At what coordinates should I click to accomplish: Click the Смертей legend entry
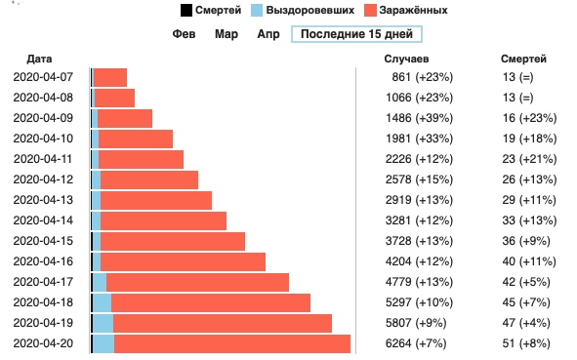[213, 11]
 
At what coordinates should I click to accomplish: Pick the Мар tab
[227, 33]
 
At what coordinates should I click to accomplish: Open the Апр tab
[268, 33]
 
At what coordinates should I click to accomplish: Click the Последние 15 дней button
[355, 33]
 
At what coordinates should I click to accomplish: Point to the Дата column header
[39, 60]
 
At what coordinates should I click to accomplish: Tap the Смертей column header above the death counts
[523, 60]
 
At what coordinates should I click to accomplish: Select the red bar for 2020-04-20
[231, 343]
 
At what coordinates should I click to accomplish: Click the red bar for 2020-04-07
[110, 77]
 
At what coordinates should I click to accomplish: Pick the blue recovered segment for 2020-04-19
[103, 322]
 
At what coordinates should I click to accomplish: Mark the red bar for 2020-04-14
[163, 220]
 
